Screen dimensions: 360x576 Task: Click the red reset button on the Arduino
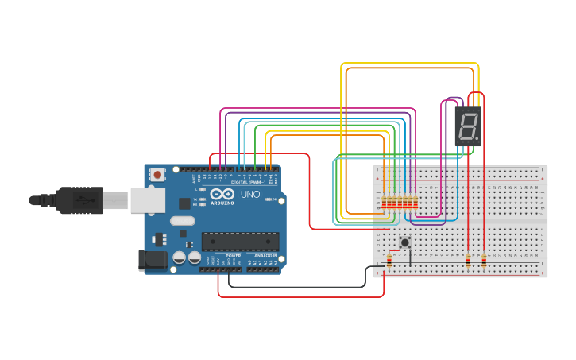158,174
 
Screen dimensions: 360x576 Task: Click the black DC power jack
150,259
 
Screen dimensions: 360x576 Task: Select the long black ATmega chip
240,241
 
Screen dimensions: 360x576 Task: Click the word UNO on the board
249,194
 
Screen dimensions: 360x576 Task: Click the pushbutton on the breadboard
405,242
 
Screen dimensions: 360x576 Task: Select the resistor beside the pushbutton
389,261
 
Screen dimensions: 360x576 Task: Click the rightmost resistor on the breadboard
485,260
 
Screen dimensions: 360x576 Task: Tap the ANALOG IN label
265,255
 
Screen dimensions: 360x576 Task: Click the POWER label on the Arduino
233,255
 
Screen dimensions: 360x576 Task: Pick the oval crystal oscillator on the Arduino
182,221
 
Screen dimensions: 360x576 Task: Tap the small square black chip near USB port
184,203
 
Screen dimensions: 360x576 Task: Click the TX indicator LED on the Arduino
200,199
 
